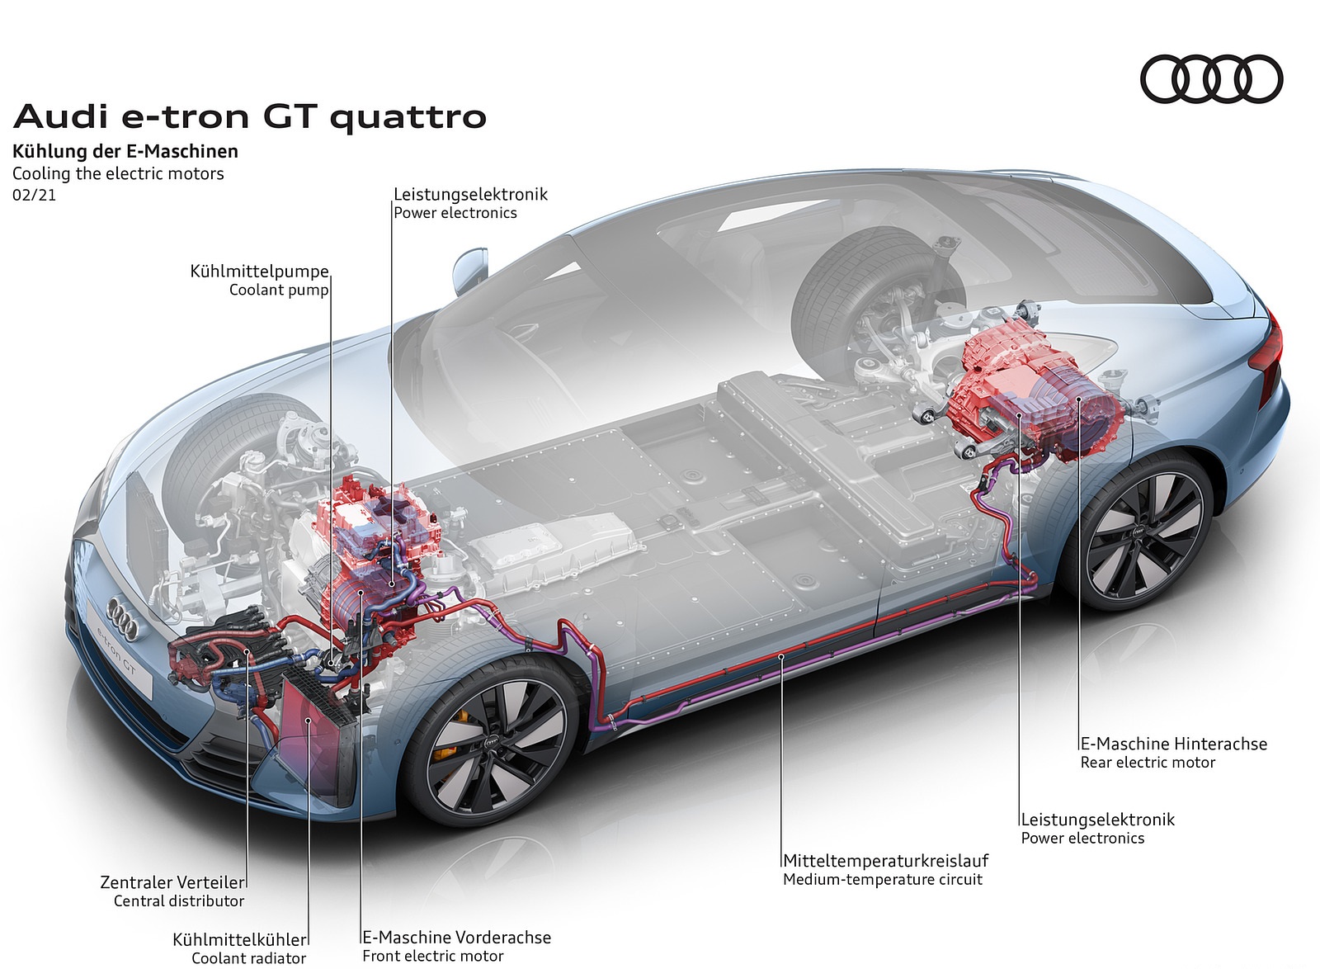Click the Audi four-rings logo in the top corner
(x=1211, y=79)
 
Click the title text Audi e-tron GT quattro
(x=250, y=116)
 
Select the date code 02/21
(x=34, y=196)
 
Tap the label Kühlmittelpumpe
(x=259, y=272)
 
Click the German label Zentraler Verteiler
(x=172, y=882)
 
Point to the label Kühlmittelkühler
(x=239, y=939)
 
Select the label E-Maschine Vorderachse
(x=457, y=938)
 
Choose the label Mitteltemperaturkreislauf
(x=885, y=861)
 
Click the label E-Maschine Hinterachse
(x=1173, y=744)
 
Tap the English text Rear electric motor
(x=1148, y=763)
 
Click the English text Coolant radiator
(x=248, y=958)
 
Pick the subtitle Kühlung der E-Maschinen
(x=125, y=151)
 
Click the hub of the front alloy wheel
(x=493, y=743)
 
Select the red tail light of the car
(x=1269, y=351)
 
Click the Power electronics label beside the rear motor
(x=1082, y=839)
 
